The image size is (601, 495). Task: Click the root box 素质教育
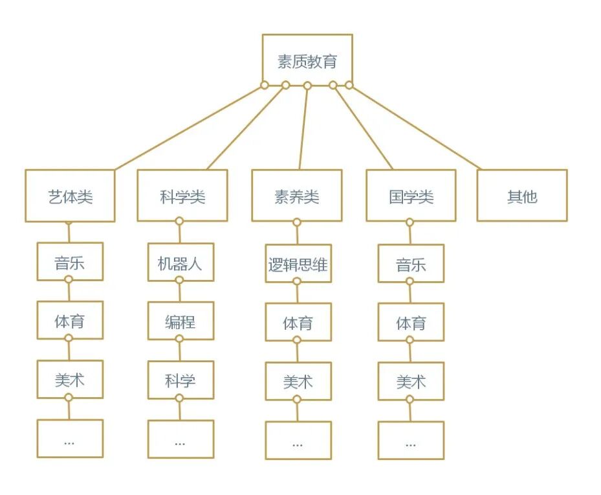[307, 61]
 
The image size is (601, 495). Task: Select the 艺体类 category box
[70, 196]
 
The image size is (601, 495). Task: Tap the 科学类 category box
[182, 196]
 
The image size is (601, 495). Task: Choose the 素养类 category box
[296, 196]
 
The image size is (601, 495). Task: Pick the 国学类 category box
[411, 196]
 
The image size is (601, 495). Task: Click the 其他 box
[522, 196]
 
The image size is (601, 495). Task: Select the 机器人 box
[180, 263]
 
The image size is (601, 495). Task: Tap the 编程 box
[180, 321]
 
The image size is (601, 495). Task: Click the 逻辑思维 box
[298, 264]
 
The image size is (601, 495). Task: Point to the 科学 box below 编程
[180, 380]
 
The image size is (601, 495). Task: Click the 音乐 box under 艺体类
[70, 262]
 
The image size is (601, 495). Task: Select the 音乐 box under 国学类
[411, 264]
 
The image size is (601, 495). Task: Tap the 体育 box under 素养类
[298, 323]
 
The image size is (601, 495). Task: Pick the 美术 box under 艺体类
[70, 380]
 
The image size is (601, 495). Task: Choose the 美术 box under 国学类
[411, 382]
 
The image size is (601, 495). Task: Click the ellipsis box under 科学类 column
[180, 440]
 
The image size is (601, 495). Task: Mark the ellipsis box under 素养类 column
[298, 441]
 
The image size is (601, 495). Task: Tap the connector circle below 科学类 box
[180, 222]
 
